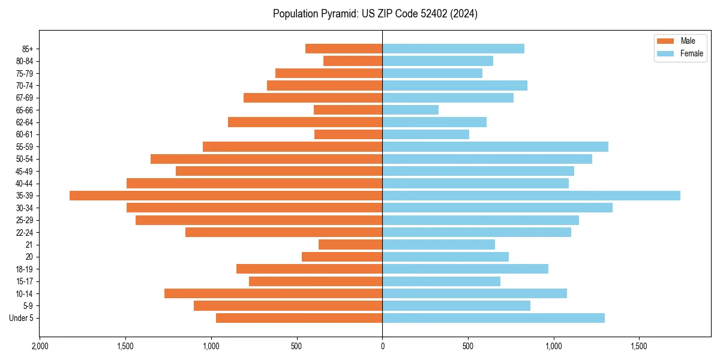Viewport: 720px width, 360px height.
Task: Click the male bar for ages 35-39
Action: (x=226, y=196)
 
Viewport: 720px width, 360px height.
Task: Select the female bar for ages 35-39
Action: (x=531, y=196)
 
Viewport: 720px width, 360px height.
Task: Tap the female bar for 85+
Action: (x=453, y=49)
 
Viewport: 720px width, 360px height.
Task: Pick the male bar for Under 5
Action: (x=299, y=318)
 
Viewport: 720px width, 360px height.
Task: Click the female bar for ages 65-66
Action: (x=410, y=110)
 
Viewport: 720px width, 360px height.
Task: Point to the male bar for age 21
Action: (x=350, y=245)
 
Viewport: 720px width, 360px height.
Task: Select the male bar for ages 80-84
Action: (x=353, y=61)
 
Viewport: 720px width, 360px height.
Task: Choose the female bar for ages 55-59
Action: (x=495, y=147)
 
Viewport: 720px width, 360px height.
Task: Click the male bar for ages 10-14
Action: (x=273, y=293)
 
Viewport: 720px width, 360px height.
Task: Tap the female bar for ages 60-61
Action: (x=425, y=134)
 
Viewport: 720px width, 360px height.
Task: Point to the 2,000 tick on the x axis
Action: (x=40, y=346)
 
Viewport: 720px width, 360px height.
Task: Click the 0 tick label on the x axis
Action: (x=382, y=346)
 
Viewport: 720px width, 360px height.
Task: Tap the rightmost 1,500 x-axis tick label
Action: (x=639, y=346)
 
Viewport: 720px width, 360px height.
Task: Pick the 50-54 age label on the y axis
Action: (x=25, y=159)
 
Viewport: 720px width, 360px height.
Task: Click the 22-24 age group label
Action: (x=25, y=233)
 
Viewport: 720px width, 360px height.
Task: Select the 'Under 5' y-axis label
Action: (x=21, y=318)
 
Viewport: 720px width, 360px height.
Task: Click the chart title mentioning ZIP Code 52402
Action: (x=375, y=14)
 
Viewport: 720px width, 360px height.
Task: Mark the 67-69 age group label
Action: (x=25, y=98)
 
